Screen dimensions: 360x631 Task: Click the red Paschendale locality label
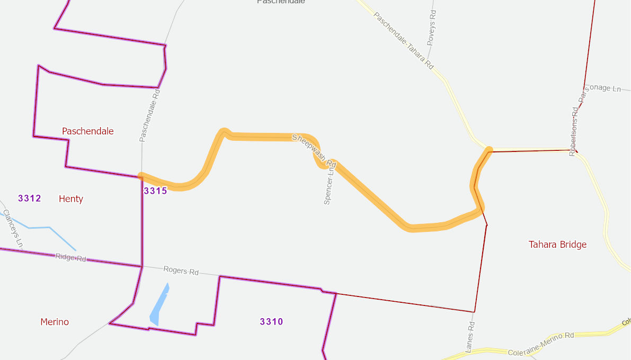[87, 131]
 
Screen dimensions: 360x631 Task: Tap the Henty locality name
[71, 199]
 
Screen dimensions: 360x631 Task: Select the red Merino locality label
[55, 322]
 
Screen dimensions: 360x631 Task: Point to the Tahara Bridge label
[557, 245]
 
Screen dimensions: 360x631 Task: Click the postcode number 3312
[29, 199]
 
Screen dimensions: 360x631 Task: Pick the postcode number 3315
[155, 191]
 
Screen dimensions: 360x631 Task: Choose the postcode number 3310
[271, 321]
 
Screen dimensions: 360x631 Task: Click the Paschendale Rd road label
[149, 115]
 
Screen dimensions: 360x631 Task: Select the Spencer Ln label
[329, 186]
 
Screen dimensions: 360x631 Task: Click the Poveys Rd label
[431, 26]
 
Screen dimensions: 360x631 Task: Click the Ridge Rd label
[70, 258]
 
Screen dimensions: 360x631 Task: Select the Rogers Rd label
[181, 271]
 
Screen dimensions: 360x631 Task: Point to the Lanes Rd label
[469, 337]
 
